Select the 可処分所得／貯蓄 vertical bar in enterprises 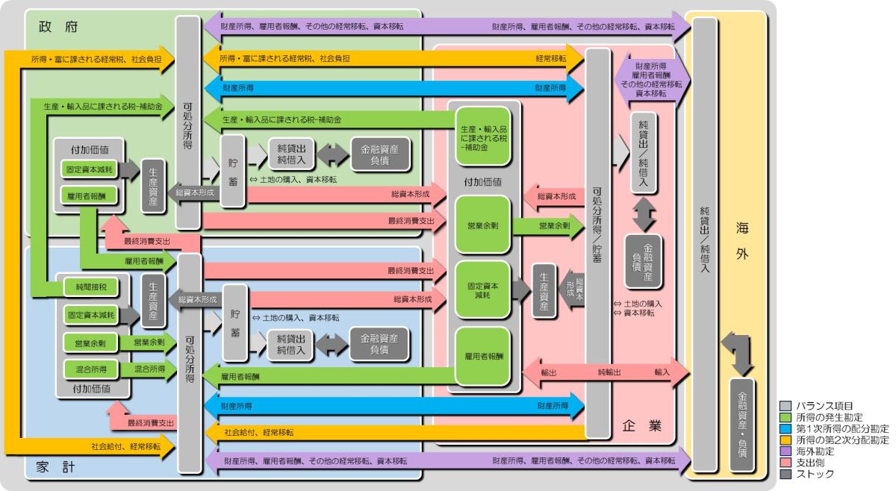596,239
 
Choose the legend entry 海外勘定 821,451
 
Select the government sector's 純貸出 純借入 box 291,154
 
